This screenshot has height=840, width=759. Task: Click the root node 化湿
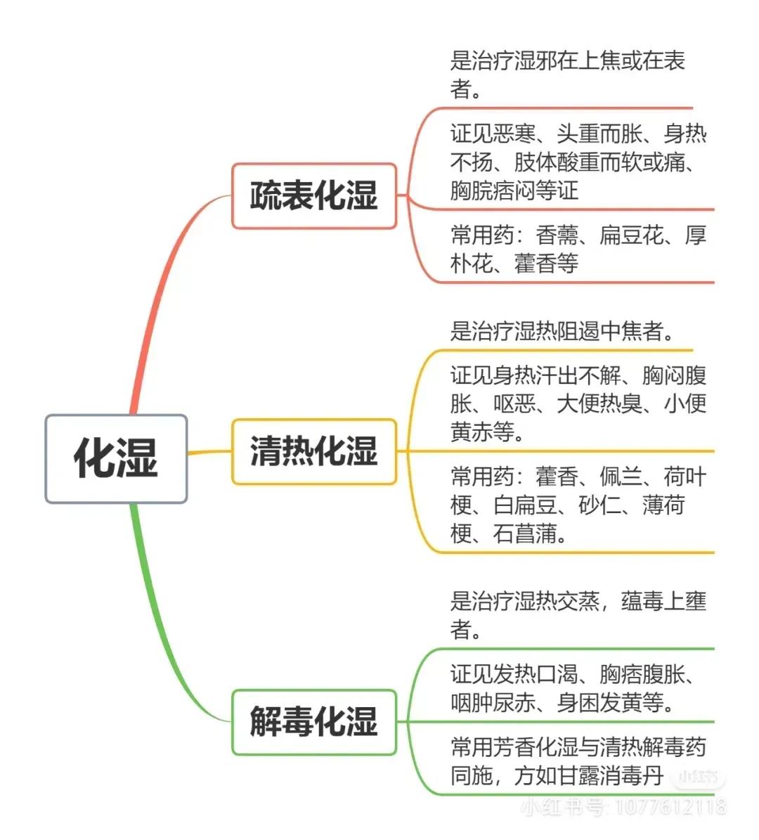click(x=116, y=458)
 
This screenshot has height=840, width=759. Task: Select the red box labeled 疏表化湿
click(x=314, y=196)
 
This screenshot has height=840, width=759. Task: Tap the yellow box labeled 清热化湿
click(x=314, y=451)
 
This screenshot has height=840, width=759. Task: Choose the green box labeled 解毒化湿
click(x=314, y=722)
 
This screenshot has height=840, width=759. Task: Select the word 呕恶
click(x=514, y=403)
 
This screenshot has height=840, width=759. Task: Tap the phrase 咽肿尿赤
click(x=493, y=702)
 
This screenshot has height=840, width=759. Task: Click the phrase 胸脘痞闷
click(x=493, y=190)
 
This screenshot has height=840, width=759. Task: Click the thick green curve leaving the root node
click(x=161, y=632)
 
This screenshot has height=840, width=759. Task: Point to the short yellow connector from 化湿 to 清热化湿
click(x=209, y=453)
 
